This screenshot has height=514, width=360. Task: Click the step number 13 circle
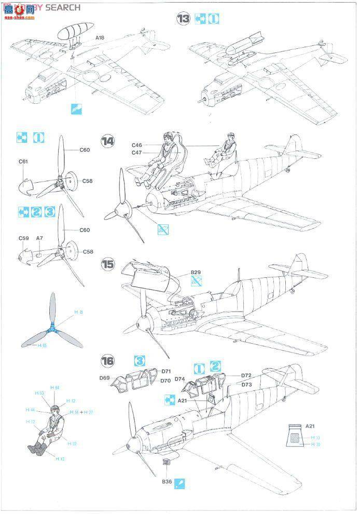(183, 19)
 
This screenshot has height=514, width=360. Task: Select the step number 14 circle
(108, 142)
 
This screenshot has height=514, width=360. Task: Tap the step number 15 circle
(108, 264)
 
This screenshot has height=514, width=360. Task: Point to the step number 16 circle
(108, 361)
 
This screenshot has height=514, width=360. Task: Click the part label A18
(101, 38)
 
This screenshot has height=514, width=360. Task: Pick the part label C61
(23, 161)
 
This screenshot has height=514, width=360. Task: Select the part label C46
(136, 145)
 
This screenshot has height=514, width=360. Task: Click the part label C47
(136, 153)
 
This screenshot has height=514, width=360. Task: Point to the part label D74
(180, 380)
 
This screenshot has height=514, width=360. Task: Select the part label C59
(23, 238)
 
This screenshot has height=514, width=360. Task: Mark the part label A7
(39, 238)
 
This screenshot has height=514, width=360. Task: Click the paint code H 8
(78, 312)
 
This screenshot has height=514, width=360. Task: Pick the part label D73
(246, 385)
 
